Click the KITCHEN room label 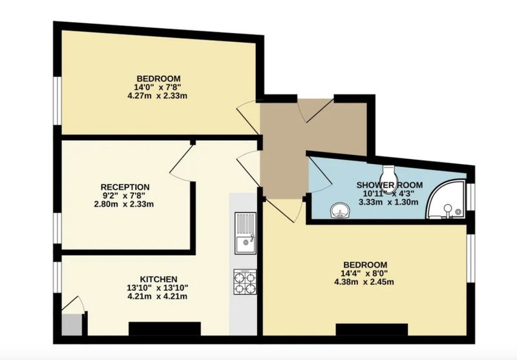tap(158, 279)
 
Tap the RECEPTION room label tap(125, 187)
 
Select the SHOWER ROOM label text tap(390, 185)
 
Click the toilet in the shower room tap(388, 177)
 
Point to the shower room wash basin tap(341, 210)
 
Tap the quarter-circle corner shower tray tap(446, 200)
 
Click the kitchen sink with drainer tap(245, 233)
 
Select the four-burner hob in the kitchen tap(245, 282)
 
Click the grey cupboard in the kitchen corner tap(72, 325)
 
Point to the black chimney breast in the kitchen tap(165, 329)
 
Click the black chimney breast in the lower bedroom tap(372, 330)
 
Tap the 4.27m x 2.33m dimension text tap(157, 96)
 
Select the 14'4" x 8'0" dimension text tap(364, 273)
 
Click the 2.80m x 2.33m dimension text tap(124, 204)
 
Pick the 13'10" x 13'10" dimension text tap(158, 288)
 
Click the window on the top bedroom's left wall tap(58, 101)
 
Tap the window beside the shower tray tap(471, 197)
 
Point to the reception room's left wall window tap(58, 228)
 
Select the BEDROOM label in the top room tap(158, 79)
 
